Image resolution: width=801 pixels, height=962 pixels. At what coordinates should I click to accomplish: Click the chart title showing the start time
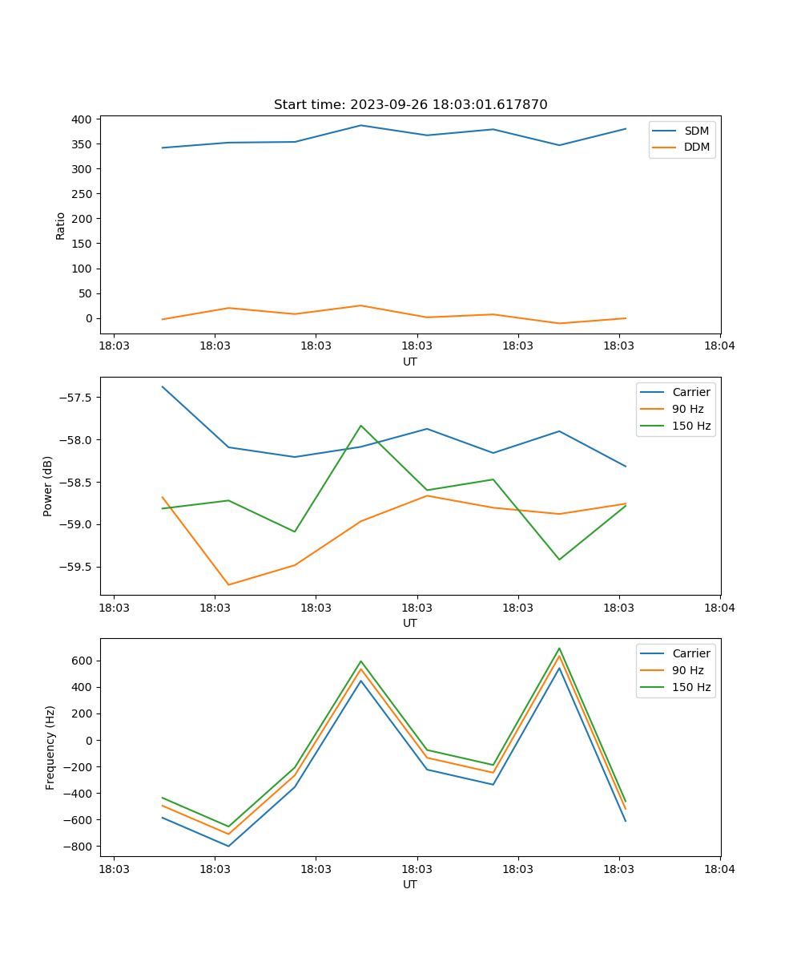410,105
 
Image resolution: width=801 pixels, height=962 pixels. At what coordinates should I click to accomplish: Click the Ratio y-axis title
61,225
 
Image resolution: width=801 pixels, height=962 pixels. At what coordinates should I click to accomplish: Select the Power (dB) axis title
48,486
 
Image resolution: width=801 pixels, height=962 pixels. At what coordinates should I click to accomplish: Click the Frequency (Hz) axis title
50,747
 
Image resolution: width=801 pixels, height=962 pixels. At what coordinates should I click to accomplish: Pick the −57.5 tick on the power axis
78,398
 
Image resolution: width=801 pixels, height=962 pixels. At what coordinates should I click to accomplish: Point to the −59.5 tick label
78,567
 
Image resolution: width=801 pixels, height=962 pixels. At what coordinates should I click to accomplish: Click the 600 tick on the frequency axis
84,661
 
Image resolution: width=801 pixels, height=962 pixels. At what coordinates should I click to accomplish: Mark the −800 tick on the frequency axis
81,847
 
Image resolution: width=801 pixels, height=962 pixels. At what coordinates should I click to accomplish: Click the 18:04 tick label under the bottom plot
719,869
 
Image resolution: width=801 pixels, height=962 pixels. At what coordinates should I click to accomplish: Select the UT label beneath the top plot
410,362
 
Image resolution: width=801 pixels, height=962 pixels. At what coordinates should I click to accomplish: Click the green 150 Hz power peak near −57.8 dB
361,426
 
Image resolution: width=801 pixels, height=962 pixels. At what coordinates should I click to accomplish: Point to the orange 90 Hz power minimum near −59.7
228,584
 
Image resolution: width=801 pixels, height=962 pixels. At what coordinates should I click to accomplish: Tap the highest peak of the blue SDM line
360,125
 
